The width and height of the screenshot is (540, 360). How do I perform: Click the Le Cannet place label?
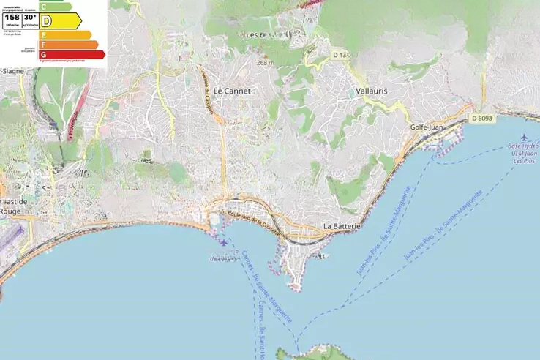[x=232, y=91]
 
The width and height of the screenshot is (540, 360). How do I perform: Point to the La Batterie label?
[x=342, y=227]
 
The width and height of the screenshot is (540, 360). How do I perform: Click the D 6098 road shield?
[x=482, y=118]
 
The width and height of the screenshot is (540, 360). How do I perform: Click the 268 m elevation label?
[x=265, y=63]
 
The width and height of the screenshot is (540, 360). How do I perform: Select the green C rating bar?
[x=56, y=7]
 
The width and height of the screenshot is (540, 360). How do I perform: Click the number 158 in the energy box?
[x=12, y=17]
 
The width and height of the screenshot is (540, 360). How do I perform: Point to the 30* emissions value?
[x=30, y=17]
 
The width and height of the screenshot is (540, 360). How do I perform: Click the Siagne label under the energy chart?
[x=13, y=71]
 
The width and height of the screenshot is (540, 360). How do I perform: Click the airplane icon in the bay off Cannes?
[x=222, y=242]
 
